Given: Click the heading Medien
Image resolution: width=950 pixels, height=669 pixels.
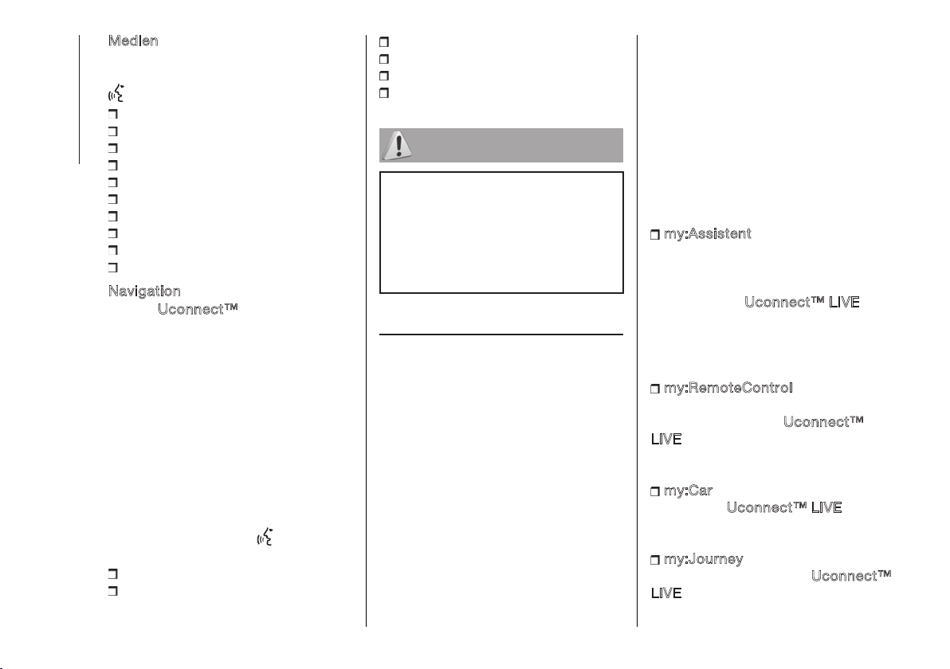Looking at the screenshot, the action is coord(133,41).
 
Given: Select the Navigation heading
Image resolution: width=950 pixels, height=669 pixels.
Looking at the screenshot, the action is coord(144,291).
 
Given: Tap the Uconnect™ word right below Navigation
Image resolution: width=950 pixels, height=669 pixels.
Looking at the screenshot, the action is coord(198,309).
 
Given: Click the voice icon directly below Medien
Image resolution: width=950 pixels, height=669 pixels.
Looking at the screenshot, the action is coord(116,92).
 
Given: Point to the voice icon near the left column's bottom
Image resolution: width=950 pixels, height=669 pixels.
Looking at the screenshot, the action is coord(265,537).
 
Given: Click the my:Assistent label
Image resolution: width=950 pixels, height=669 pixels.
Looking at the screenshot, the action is coord(707,233).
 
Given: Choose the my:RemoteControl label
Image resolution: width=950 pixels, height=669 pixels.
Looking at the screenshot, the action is coord(728,388).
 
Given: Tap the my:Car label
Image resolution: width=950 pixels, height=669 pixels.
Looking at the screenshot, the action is coord(689,491).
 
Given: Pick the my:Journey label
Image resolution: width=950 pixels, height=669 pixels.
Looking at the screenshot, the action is coord(704,559).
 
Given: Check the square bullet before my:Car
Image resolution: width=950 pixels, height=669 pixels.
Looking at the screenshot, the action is coord(655,491).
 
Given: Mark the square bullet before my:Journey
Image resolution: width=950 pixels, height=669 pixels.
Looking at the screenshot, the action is coord(655,560).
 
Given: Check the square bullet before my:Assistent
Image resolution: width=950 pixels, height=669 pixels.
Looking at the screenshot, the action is coord(655,235).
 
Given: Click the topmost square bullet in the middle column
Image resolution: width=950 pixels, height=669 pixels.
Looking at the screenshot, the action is coord(383,41).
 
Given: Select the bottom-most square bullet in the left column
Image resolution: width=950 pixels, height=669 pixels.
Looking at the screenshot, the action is coord(112,591).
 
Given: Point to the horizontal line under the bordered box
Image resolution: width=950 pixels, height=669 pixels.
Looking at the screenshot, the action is coord(501,334).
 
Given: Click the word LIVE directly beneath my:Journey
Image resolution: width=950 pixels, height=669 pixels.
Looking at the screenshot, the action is coord(666,593).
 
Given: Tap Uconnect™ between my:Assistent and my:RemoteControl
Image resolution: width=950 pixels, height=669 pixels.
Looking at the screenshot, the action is coord(784,302).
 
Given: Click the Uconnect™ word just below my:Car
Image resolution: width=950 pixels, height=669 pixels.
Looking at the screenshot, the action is coord(767,507).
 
